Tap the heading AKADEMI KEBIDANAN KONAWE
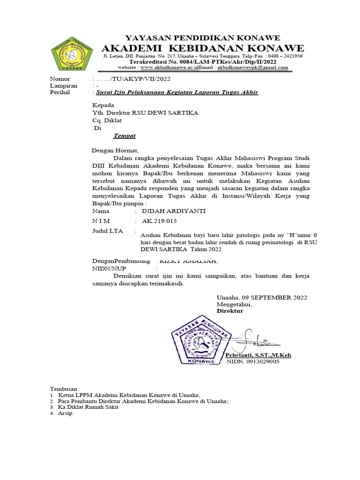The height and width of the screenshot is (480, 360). [x=203, y=49]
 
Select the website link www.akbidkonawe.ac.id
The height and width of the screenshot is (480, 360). [x=167, y=67]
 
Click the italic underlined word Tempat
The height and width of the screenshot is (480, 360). [x=124, y=136]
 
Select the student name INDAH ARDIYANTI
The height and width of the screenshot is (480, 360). [x=173, y=211]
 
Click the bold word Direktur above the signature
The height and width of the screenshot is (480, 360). [x=230, y=311]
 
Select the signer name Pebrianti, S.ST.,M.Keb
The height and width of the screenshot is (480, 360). [x=258, y=355]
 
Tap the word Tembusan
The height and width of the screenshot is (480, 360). [x=65, y=389]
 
